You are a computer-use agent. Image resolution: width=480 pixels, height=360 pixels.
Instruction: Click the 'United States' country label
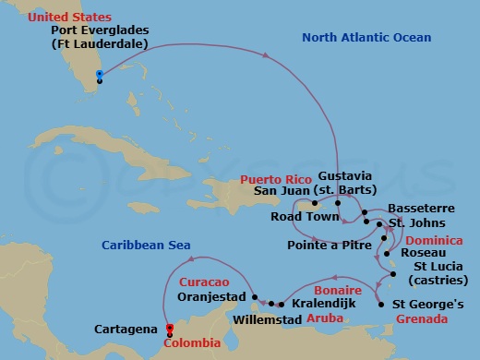(x=43, y=18)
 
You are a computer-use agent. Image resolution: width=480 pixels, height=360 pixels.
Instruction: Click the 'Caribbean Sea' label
(x=145, y=245)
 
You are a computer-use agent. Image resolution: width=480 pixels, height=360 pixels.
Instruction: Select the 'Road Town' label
(x=300, y=217)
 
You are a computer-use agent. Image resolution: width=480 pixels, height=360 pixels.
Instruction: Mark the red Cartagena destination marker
(x=168, y=327)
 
